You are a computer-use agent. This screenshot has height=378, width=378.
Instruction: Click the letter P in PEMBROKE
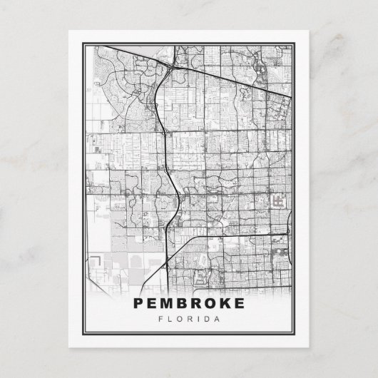pos(139,302)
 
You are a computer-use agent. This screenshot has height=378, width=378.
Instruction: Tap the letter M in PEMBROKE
pos(169,302)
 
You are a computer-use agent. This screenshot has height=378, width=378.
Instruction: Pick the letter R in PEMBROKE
pos(200,302)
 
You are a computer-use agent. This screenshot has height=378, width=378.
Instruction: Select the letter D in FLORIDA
pos(208,319)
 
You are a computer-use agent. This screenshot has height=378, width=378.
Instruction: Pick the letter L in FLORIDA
pos(170,319)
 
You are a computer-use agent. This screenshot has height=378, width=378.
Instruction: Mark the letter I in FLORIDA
pos(199,319)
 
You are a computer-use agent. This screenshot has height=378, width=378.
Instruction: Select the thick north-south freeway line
pos(165,143)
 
